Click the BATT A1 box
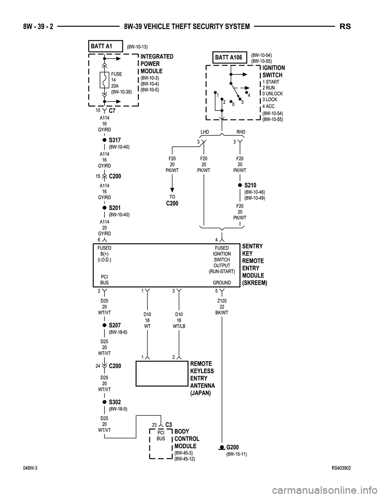(105, 46)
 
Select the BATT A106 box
(228, 58)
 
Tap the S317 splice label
(115, 140)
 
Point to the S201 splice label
(115, 208)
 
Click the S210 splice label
(250, 185)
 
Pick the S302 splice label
(115, 402)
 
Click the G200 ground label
(233, 447)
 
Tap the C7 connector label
(112, 110)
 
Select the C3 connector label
(168, 425)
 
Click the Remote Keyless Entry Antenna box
(162, 373)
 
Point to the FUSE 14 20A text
(117, 80)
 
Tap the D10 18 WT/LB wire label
(179, 320)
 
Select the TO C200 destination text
(172, 200)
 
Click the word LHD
(204, 132)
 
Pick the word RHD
(241, 132)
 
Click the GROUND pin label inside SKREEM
(222, 283)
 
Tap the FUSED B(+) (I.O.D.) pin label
(104, 254)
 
